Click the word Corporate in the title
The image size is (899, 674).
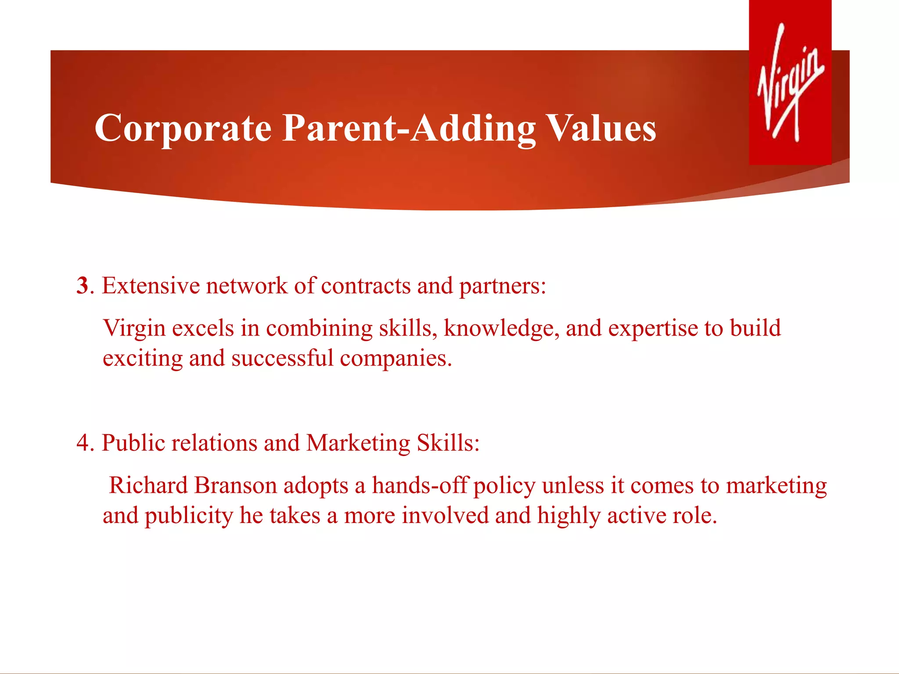point(183,128)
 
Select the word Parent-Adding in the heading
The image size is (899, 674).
point(408,128)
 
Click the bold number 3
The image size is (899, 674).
point(82,286)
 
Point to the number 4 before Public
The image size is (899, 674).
point(83,443)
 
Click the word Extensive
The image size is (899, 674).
point(151,286)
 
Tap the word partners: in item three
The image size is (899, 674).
point(502,286)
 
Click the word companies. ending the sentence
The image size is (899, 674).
point(396,359)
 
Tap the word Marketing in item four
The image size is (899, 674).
point(358,443)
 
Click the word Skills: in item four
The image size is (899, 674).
point(448,443)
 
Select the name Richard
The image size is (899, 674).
point(148,485)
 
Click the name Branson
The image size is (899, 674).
point(235,485)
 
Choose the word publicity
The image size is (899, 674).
point(189,516)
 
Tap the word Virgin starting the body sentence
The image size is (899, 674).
point(134,329)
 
